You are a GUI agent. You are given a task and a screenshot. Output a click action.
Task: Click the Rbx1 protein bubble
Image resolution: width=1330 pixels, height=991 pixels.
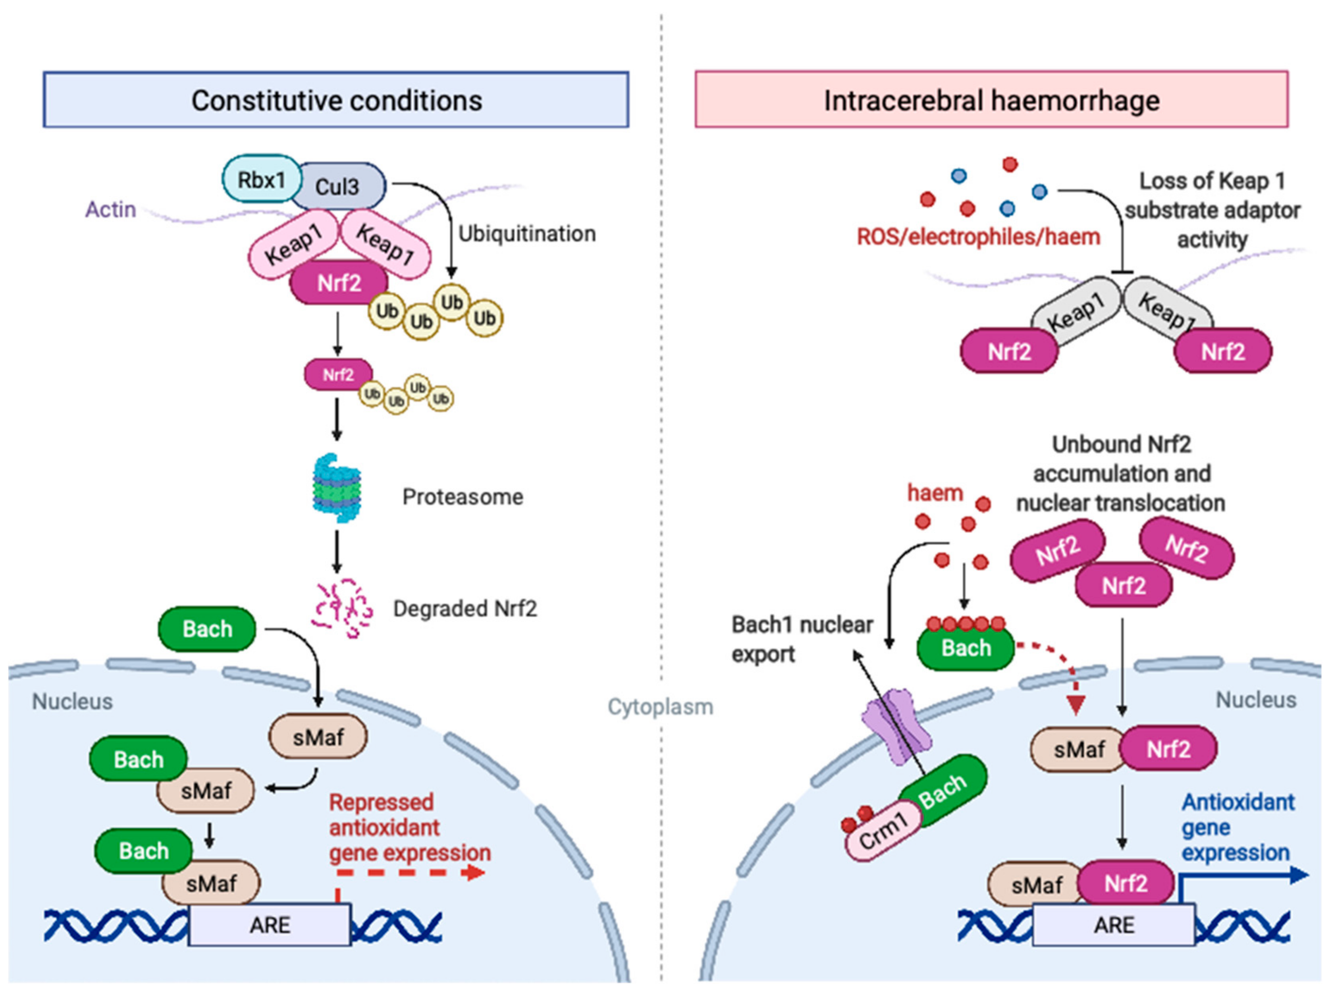click(x=262, y=179)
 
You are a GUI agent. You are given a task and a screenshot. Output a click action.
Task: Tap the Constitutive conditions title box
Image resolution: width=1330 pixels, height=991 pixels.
click(x=336, y=100)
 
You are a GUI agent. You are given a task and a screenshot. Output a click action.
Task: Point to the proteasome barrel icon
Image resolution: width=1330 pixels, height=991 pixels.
click(x=337, y=488)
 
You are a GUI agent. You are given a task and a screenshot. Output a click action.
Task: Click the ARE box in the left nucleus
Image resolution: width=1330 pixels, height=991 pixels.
click(x=269, y=924)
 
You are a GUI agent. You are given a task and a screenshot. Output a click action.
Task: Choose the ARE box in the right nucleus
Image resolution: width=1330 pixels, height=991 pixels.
click(x=1114, y=924)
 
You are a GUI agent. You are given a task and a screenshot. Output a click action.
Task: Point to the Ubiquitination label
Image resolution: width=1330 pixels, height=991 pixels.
click(x=527, y=233)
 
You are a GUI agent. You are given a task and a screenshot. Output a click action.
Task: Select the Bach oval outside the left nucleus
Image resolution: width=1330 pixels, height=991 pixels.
click(x=207, y=629)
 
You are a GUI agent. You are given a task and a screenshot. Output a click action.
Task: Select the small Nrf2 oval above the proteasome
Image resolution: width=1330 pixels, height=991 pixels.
click(x=338, y=375)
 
